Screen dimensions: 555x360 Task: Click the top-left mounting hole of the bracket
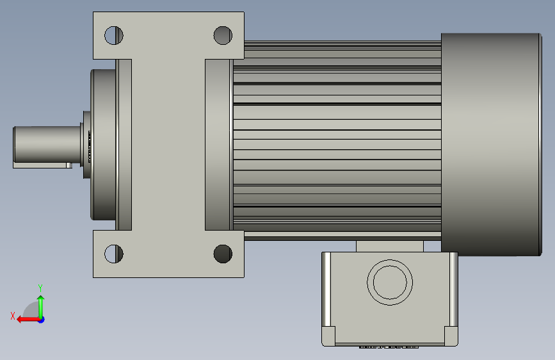pos(114,35)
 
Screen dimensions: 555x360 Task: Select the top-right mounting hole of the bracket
pos(223,35)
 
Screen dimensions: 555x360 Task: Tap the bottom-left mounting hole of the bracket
pos(114,254)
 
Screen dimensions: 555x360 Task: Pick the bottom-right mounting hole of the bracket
pos(223,254)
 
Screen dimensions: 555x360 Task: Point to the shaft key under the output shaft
pos(42,165)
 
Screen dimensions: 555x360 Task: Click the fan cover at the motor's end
pos(491,145)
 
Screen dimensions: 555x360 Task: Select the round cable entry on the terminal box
pos(390,282)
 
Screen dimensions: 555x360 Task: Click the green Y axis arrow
pos(41,307)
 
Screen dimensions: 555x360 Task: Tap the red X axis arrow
pos(29,320)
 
